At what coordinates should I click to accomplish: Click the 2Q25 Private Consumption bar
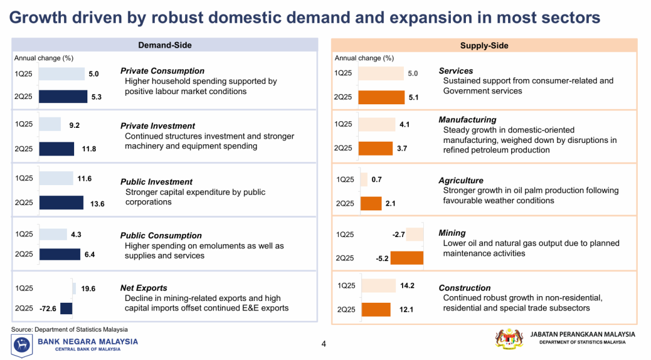tap(63, 96)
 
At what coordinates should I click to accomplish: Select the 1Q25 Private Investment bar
tap(50, 124)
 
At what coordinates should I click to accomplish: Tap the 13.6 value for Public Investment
tap(97, 204)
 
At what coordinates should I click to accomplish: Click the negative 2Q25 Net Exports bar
tap(66, 308)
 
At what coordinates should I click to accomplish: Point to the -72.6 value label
tap(48, 309)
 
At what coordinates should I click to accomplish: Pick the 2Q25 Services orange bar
tap(382, 97)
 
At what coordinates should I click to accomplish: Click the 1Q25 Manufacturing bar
tap(377, 124)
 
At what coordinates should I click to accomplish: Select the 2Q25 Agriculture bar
tap(371, 203)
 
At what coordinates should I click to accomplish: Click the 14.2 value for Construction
tap(407, 285)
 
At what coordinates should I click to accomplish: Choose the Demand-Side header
tap(165, 45)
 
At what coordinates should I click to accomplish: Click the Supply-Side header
tap(484, 45)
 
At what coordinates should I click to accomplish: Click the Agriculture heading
tap(461, 180)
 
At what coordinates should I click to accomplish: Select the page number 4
tap(324, 344)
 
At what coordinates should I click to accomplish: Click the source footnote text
tap(69, 329)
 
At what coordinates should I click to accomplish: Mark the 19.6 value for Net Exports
tap(88, 289)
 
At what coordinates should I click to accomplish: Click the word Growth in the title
tap(38, 17)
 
